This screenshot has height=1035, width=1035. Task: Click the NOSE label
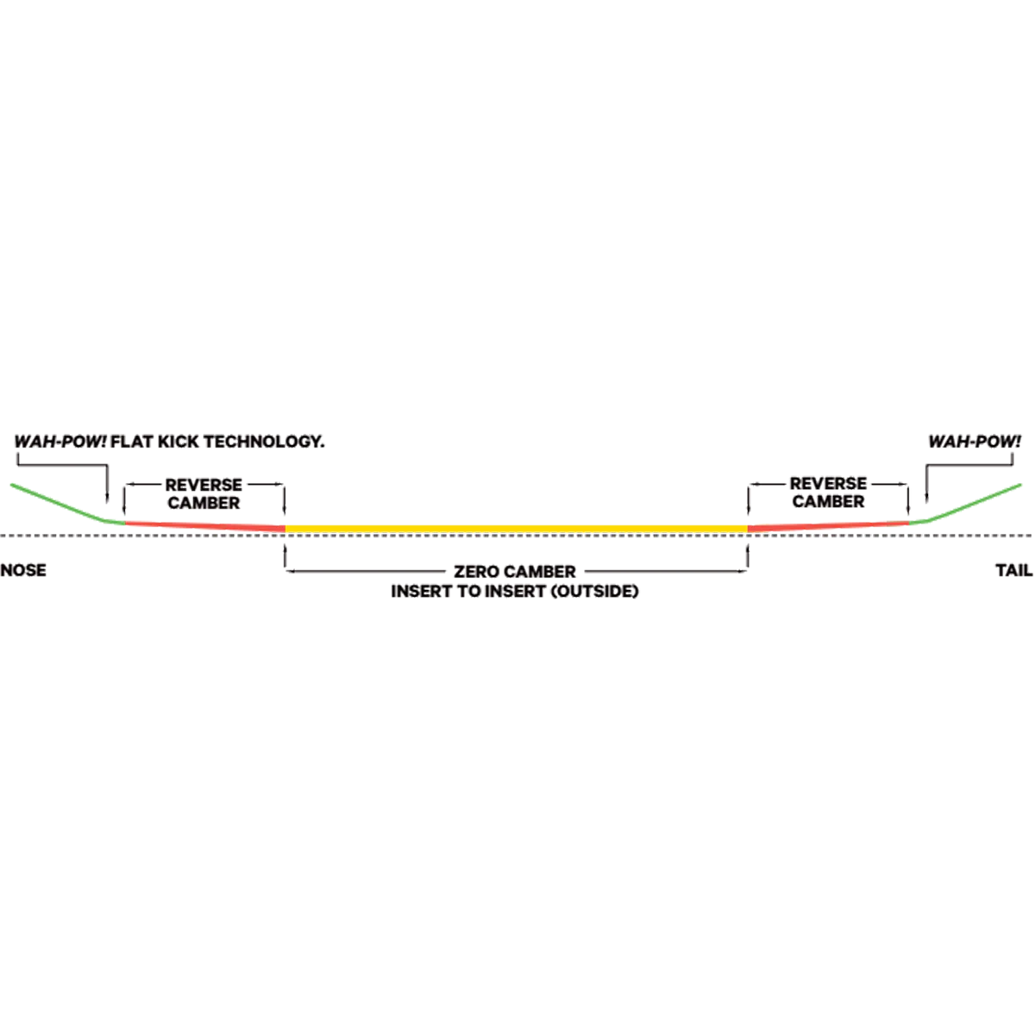pos(23,570)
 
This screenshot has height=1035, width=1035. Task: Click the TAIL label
pos(1014,570)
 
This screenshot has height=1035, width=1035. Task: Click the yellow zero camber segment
pos(516,529)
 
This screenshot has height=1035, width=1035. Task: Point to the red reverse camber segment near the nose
pos(204,526)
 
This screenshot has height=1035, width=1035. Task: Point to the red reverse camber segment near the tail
pos(828,526)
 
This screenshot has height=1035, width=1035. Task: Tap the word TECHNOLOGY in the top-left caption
pos(264,442)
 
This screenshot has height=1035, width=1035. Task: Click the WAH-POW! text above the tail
pos(975,442)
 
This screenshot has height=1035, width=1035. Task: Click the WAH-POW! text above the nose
pos(60,442)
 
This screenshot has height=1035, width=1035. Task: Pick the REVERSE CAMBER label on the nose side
pos(204,493)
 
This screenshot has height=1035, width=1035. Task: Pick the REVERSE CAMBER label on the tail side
pos(828,492)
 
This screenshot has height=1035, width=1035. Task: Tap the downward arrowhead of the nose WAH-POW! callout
pos(107,499)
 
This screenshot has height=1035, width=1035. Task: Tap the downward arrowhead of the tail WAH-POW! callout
pos(926,499)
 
